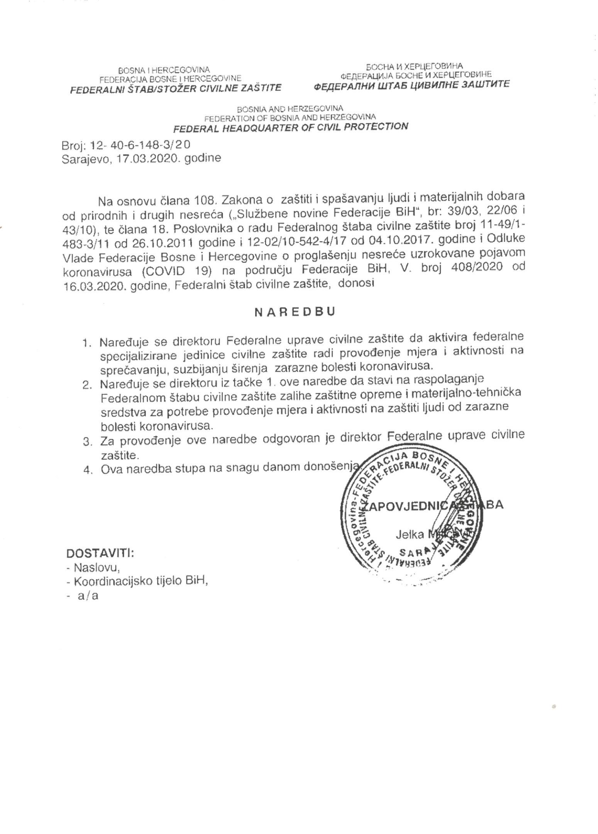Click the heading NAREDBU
[x=294, y=312]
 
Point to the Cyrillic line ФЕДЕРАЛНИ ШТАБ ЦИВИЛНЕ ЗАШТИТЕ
[x=411, y=84]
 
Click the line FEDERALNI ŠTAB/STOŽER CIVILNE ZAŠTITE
[x=175, y=88]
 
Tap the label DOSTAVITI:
[x=100, y=553]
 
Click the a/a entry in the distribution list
[x=88, y=595]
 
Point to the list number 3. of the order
[x=87, y=441]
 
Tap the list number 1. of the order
[x=87, y=342]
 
